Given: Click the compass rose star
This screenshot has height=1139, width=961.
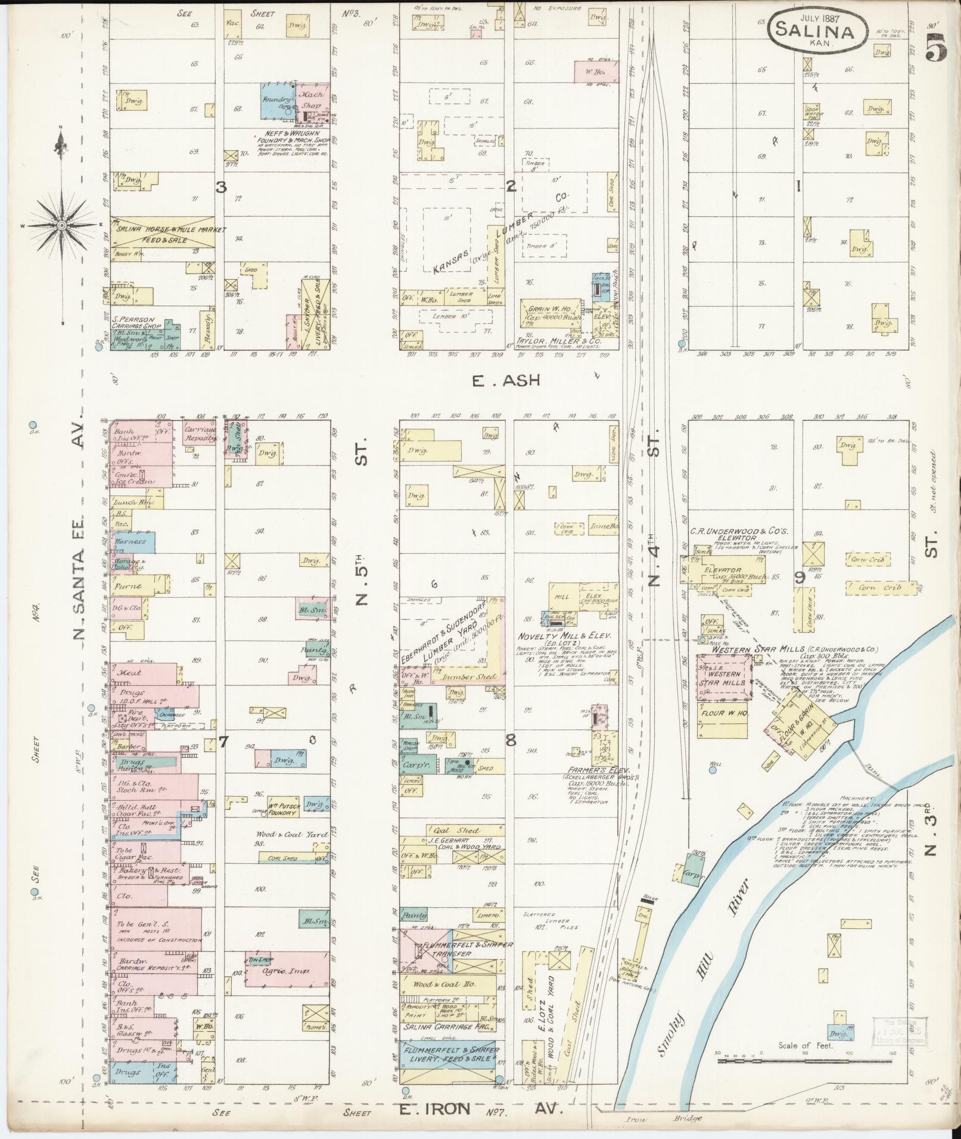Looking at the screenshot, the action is point(61,226).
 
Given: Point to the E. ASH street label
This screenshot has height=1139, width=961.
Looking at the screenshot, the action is point(507,380).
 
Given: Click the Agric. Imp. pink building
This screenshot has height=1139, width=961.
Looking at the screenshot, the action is point(286,971).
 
